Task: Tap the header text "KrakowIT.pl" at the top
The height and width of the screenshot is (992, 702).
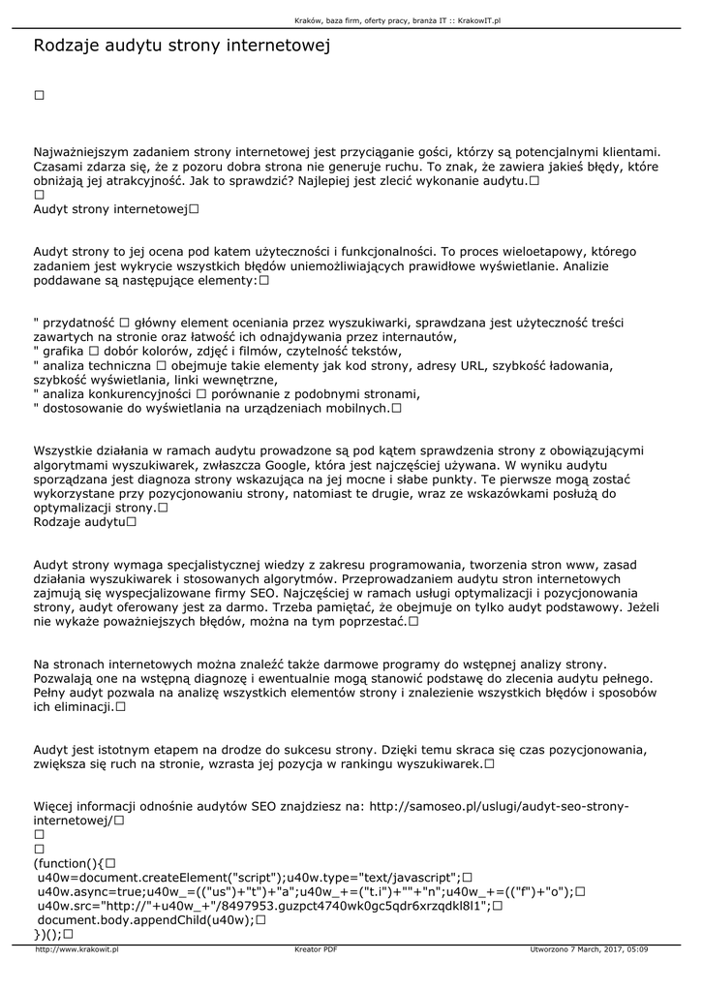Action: click(x=483, y=19)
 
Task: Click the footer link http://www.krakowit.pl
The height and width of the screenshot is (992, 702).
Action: click(x=76, y=949)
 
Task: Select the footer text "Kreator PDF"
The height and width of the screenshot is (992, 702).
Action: click(x=316, y=949)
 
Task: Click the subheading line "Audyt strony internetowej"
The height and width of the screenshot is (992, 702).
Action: click(x=109, y=208)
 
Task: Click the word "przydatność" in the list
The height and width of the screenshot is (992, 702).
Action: click(x=77, y=322)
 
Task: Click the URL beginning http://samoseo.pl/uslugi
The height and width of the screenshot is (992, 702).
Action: click(x=501, y=806)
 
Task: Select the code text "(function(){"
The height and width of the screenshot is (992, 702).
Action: click(x=68, y=863)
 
